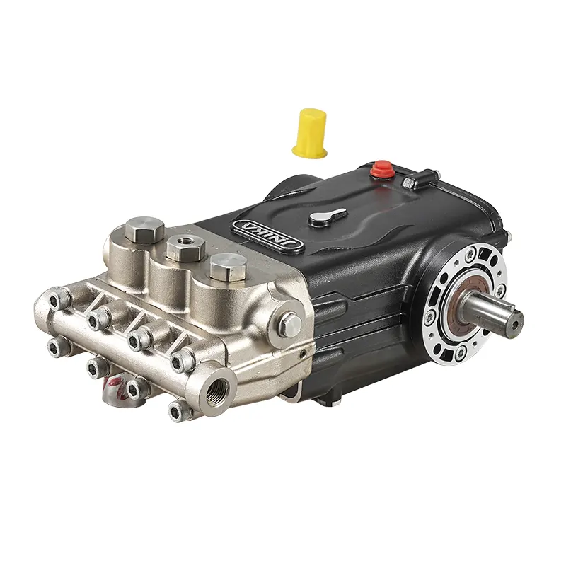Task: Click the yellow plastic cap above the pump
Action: tap(310, 133)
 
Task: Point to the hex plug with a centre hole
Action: tap(186, 247)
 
